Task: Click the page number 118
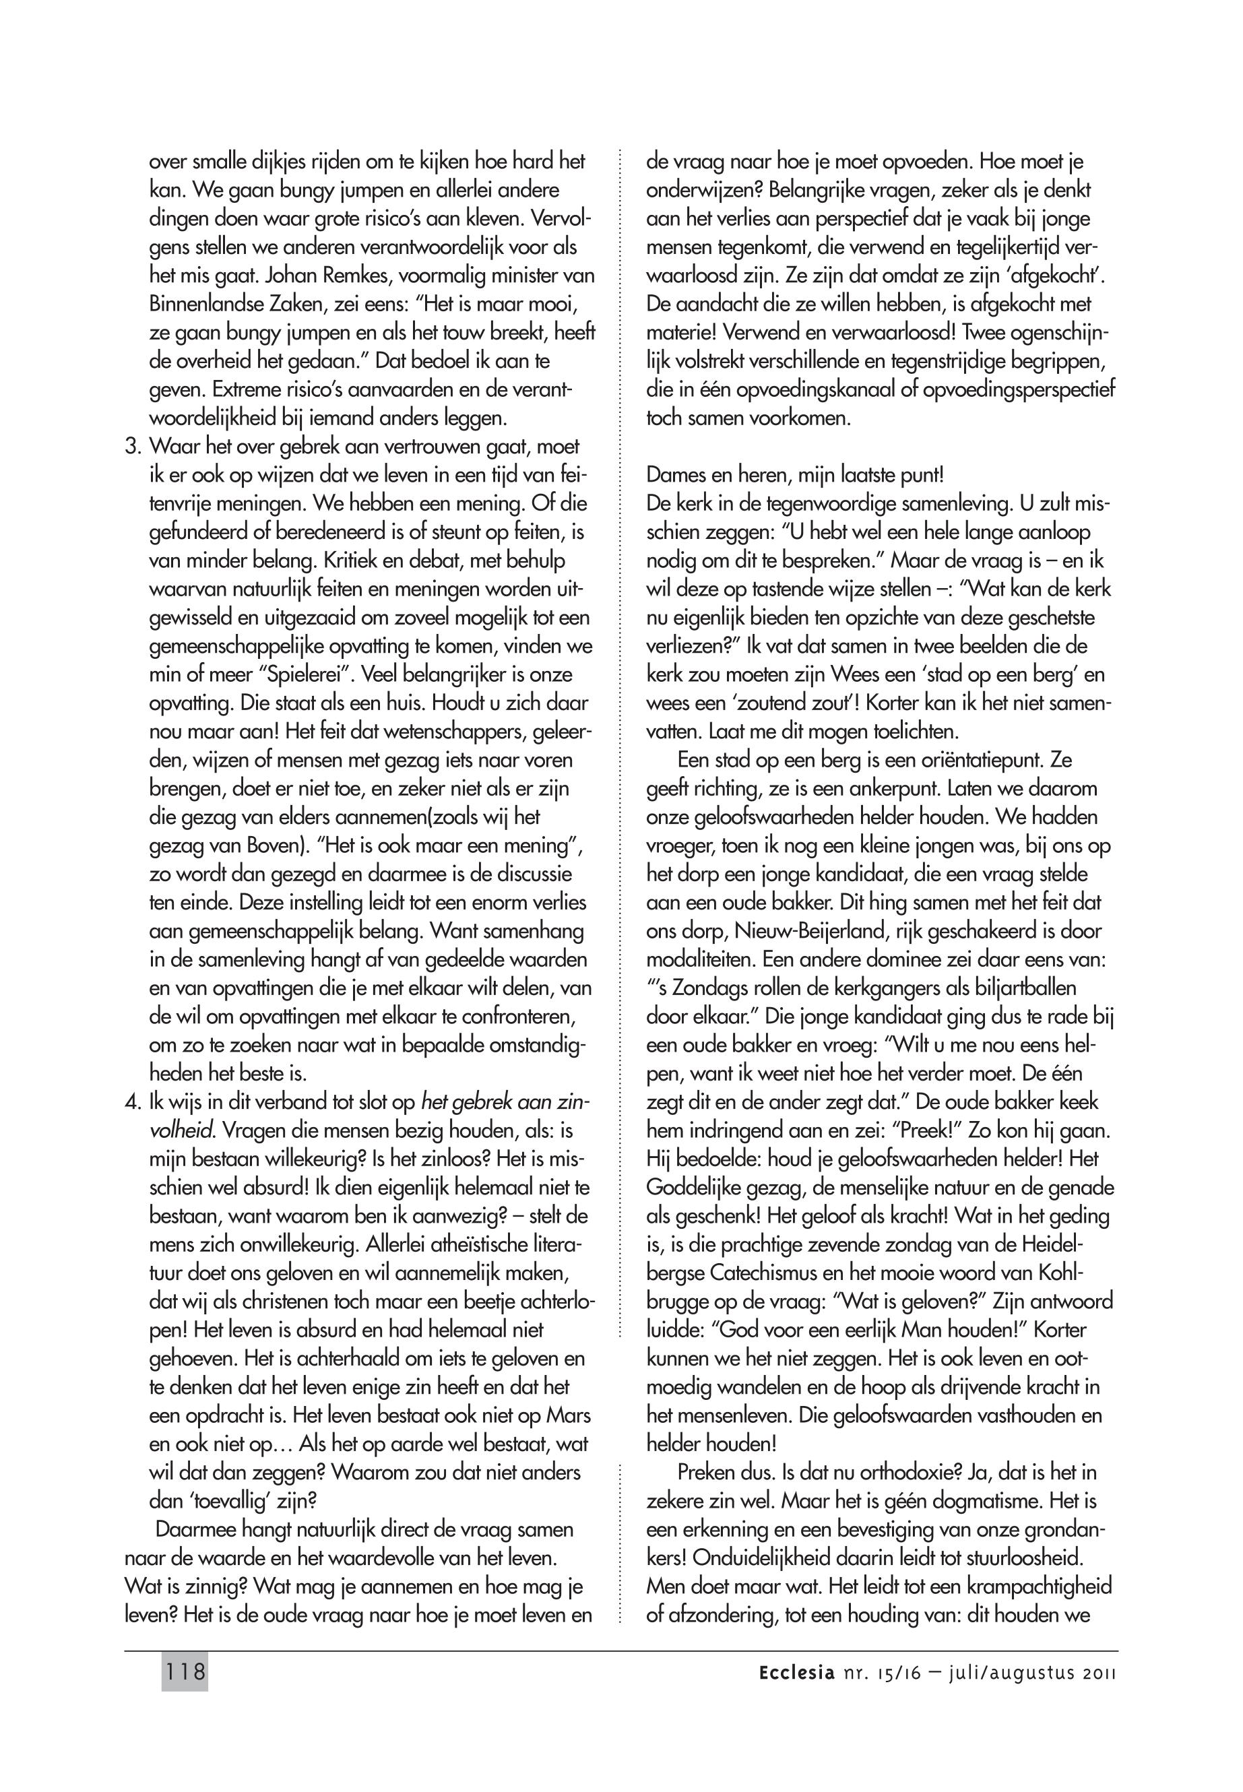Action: [x=185, y=1672]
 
